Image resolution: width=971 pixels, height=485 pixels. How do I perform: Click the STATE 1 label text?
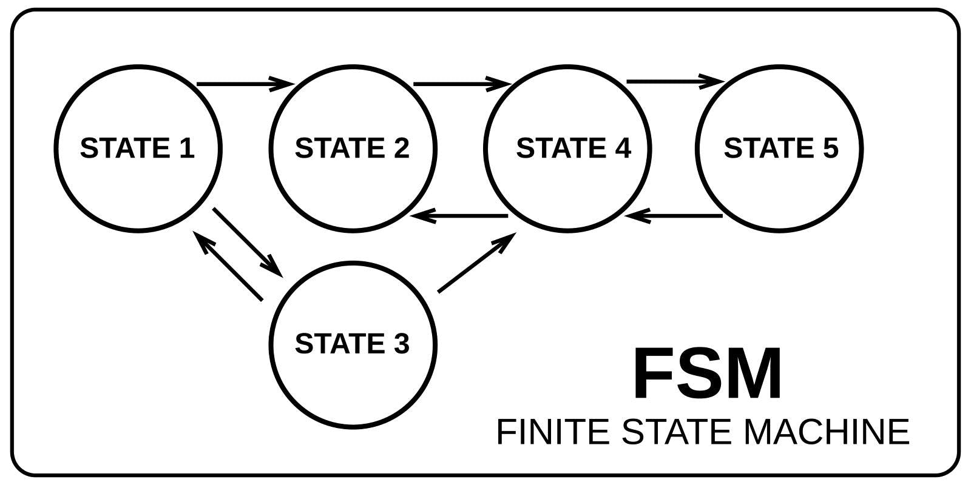coord(137,149)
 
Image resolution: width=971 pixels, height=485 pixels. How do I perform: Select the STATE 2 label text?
coord(352,149)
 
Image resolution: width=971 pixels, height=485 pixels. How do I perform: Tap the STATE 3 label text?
coord(352,344)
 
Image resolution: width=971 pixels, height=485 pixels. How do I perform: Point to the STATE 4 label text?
coord(573,149)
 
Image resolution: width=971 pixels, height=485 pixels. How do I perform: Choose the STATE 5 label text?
coord(781,149)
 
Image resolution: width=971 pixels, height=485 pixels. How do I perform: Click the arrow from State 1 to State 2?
coord(246,84)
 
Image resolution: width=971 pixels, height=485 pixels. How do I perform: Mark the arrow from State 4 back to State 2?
coord(459,216)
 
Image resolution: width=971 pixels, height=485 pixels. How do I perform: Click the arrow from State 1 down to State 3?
coord(248,241)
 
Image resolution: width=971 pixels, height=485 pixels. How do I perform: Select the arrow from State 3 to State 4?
coord(476,264)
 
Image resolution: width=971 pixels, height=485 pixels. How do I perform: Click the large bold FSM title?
coord(707,375)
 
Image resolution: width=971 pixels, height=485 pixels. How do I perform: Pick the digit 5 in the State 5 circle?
coord(830,149)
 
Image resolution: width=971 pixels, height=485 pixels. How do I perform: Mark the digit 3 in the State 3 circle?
coord(401,344)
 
